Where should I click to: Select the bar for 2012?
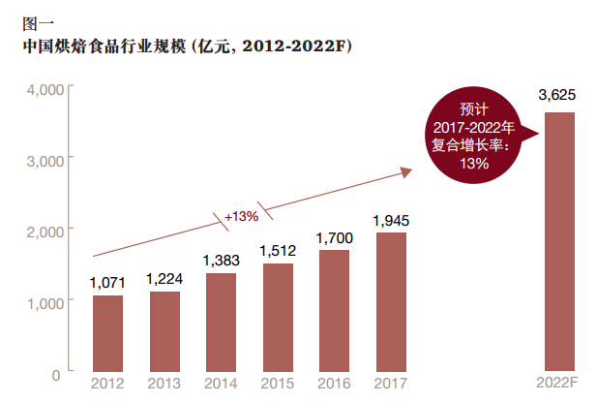coord(107,333)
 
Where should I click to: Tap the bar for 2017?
coord(391,302)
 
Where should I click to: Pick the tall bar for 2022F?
coord(559,242)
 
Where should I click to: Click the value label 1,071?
coord(107,283)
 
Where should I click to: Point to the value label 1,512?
coord(277,251)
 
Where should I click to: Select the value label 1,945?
coord(391,220)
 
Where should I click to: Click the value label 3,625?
coord(559,94)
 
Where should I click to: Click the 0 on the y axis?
coord(56,374)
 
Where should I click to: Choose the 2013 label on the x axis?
coord(164,384)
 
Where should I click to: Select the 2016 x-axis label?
coord(334,384)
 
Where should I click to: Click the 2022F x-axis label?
coord(559,384)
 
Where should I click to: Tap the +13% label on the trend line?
coord(241,216)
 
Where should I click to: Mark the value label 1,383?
coord(221,261)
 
